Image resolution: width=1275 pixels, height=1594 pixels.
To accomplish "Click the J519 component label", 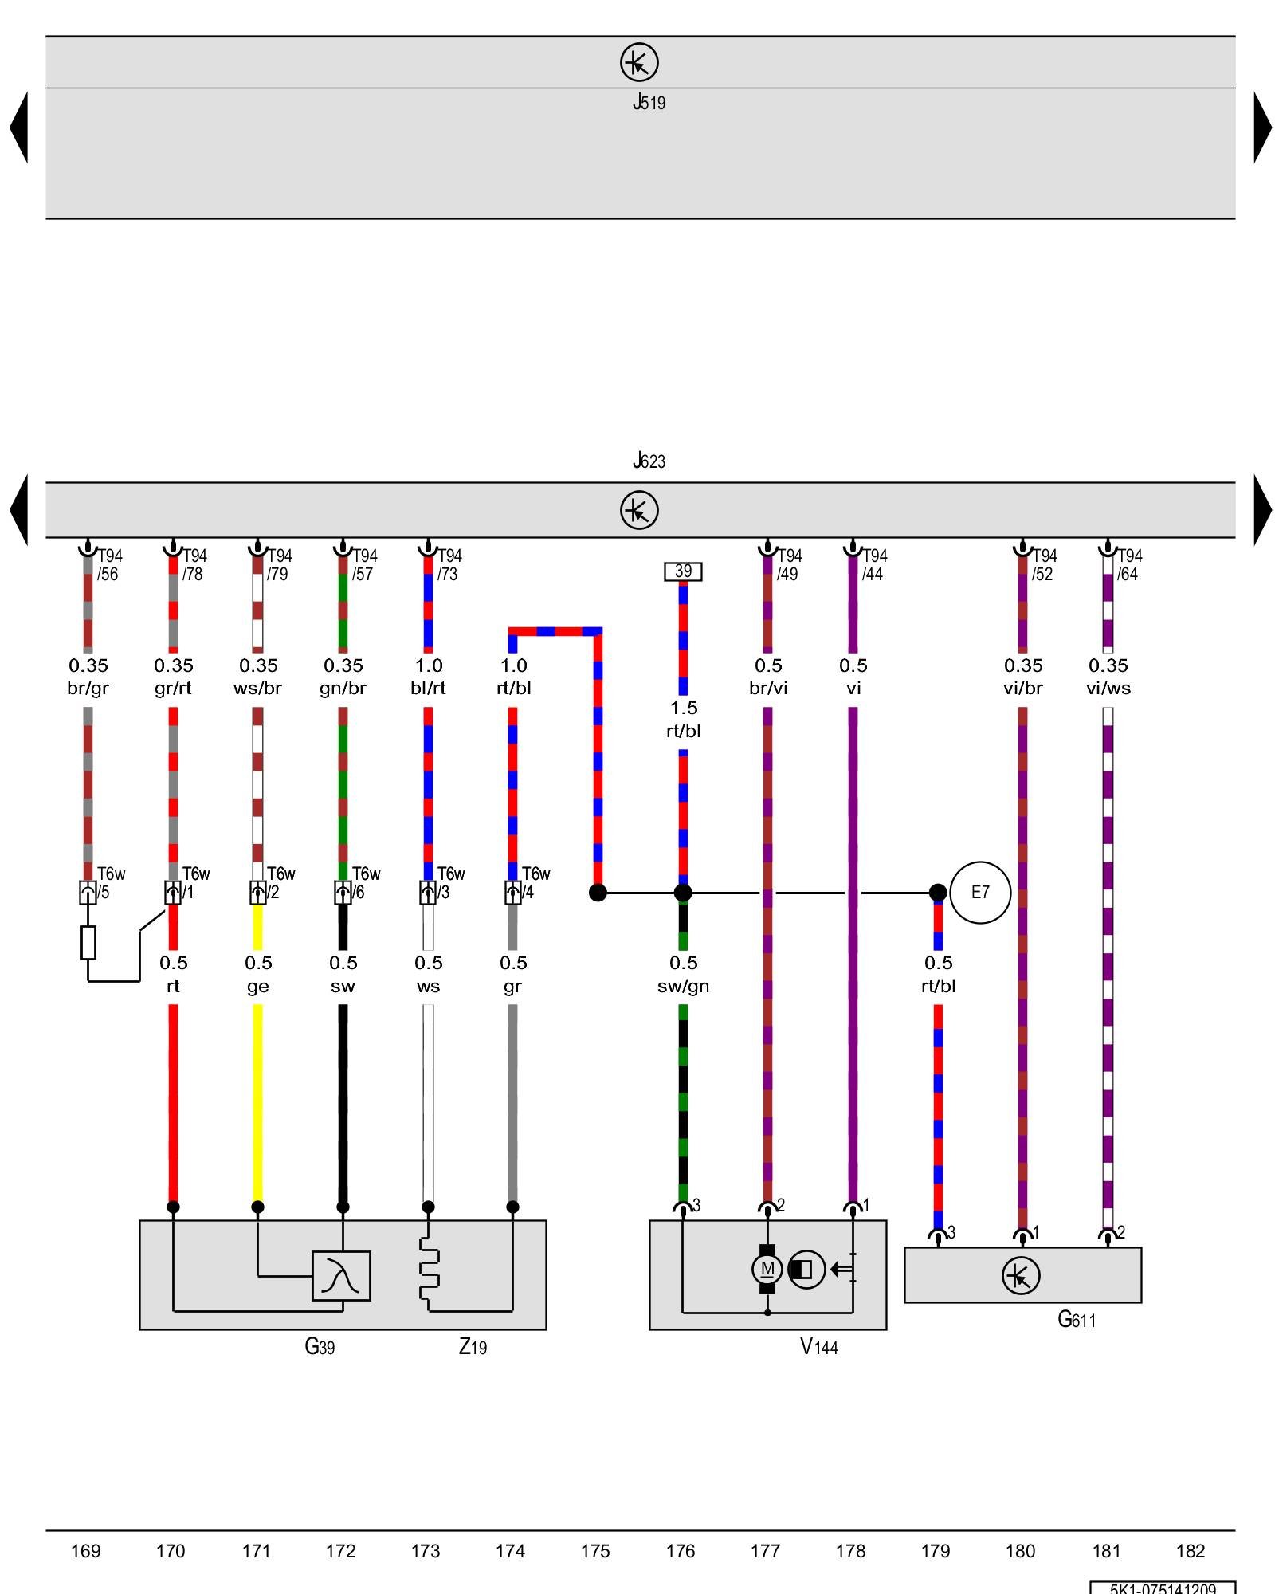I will tap(649, 102).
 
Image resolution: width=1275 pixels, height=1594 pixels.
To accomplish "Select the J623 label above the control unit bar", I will tap(649, 461).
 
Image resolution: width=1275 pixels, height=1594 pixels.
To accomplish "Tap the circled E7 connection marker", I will tap(980, 893).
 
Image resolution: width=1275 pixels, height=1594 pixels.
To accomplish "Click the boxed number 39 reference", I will tap(683, 571).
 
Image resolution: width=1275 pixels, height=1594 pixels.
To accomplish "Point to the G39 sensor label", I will tap(320, 1347).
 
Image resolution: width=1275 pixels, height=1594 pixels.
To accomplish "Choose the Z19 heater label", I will tap(473, 1347).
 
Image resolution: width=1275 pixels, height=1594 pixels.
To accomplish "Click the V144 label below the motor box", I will tap(818, 1347).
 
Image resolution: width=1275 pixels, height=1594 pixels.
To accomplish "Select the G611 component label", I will tap(1076, 1320).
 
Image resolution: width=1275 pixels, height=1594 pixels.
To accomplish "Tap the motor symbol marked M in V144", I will tap(767, 1269).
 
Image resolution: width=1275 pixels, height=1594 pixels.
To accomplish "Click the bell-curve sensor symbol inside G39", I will tap(341, 1276).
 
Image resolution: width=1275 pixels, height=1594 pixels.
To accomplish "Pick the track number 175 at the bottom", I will tap(595, 1551).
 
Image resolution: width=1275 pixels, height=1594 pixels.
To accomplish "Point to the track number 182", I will tap(1191, 1551).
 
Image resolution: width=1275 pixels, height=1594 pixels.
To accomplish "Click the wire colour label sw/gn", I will tap(683, 987).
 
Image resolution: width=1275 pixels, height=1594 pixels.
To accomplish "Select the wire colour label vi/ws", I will tap(1108, 689).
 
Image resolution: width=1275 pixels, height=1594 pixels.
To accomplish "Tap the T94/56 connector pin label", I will tap(108, 564).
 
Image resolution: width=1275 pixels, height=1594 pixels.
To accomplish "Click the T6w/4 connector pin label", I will tap(535, 883).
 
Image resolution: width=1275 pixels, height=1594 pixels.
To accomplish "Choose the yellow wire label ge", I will tap(257, 987).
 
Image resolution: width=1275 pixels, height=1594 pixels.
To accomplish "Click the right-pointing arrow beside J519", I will tap(1262, 128).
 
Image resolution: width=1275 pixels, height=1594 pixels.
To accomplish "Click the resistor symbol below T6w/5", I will tap(88, 942).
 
